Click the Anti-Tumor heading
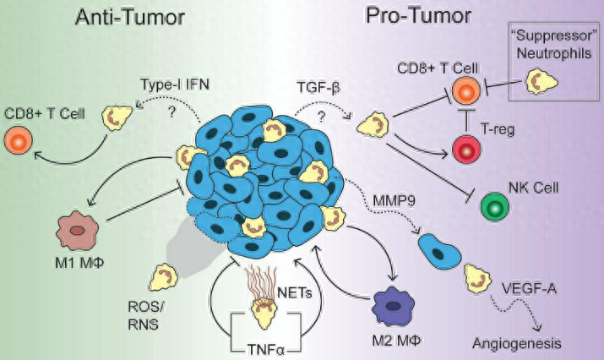(x=130, y=18)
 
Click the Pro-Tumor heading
(x=418, y=16)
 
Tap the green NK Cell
(x=494, y=207)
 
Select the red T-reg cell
(x=466, y=150)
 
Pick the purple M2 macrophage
(x=393, y=308)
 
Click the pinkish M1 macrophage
(x=78, y=231)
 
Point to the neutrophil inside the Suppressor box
(x=541, y=82)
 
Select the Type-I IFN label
(x=175, y=85)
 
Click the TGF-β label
(x=318, y=88)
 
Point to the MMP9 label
(x=394, y=200)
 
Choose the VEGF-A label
(x=530, y=288)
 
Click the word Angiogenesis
(x=516, y=342)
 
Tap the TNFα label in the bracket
(x=265, y=351)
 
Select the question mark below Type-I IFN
(x=171, y=112)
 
